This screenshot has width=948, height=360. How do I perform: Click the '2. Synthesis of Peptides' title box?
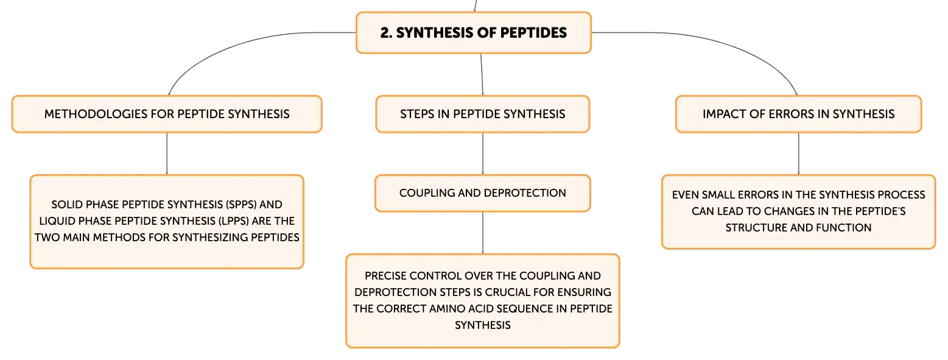coord(474,33)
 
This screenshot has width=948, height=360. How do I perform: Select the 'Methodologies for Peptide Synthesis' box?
coord(167,114)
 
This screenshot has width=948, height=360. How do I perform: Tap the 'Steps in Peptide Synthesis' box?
coord(482,114)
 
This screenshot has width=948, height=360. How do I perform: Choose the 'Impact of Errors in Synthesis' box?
coord(799,114)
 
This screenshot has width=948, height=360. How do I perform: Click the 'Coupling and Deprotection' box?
coord(482,193)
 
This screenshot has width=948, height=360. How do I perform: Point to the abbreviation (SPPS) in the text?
coord(241,205)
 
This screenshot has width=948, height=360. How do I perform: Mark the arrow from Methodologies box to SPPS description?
coord(167,154)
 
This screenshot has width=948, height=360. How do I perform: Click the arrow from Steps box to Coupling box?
coord(482,154)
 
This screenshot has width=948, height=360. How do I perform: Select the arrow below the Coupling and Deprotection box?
coord(482,233)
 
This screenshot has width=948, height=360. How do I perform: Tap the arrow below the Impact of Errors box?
coord(799,154)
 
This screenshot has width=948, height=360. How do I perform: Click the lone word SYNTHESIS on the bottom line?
coord(482,325)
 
